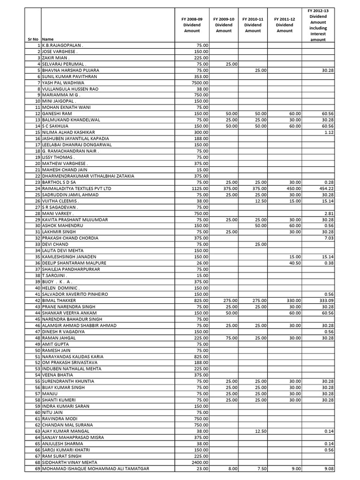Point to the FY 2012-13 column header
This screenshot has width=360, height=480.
coord(318,24)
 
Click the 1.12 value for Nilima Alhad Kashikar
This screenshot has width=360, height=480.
coord(329,132)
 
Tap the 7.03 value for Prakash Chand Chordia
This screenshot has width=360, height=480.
coord(329,238)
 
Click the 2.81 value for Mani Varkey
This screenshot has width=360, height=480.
coord(329,213)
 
